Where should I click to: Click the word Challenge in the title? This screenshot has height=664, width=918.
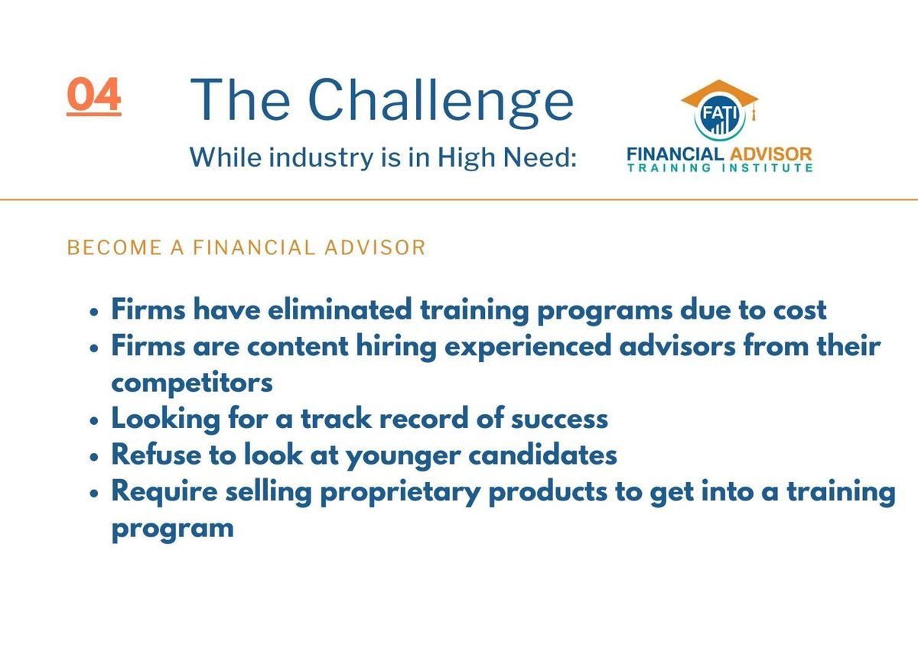pos(441,102)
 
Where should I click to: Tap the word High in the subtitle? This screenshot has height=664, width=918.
pos(467,158)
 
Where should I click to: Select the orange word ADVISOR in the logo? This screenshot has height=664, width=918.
pos(770,154)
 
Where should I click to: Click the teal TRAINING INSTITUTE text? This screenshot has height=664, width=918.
pos(720,168)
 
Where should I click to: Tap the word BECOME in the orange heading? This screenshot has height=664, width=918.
pos(115,248)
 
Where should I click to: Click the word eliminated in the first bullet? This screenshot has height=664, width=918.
pos(340,309)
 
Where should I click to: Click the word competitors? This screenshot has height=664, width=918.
pos(192,384)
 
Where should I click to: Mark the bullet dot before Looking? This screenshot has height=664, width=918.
pos(94,421)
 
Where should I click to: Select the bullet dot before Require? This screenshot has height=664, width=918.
pos(94,494)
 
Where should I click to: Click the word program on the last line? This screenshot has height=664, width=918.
pos(173,530)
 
